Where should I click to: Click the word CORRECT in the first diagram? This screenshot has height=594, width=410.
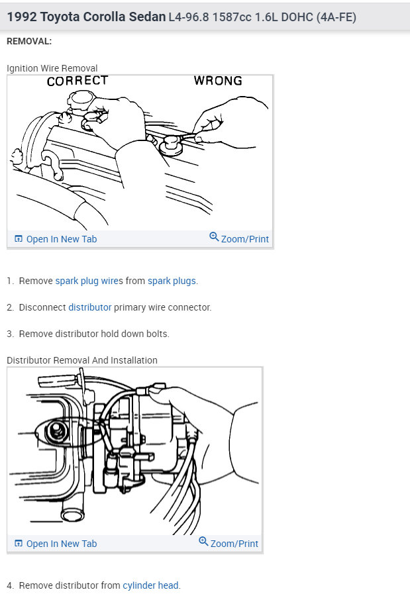click(77, 81)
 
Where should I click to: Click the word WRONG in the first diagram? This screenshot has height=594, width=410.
click(218, 81)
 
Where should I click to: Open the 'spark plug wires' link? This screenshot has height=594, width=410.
click(89, 281)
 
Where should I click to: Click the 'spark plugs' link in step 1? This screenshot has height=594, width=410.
click(172, 281)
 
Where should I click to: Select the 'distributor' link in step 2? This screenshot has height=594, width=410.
click(90, 307)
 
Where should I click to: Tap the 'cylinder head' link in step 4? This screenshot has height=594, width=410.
click(150, 585)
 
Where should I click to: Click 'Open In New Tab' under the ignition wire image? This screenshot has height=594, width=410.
click(56, 239)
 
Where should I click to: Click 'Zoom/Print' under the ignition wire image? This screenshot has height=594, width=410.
click(239, 238)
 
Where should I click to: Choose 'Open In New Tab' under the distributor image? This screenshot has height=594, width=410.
click(56, 544)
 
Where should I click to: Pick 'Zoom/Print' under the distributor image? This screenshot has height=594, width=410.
click(229, 543)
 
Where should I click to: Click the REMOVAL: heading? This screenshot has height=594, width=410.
click(29, 41)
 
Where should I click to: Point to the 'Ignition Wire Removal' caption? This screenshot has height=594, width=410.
click(52, 68)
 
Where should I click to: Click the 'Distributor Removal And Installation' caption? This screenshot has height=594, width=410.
click(82, 360)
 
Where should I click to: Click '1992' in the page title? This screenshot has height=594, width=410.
click(22, 17)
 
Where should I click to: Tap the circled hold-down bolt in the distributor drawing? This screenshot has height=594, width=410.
click(57, 432)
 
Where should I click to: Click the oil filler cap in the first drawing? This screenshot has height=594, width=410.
click(81, 99)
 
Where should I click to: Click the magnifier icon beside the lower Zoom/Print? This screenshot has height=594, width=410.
click(203, 541)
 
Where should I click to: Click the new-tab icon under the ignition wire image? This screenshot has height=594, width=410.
click(18, 238)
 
